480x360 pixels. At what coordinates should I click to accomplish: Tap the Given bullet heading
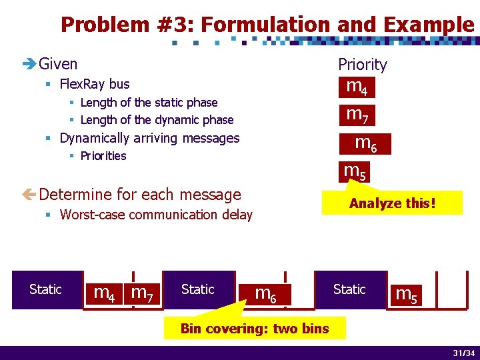click(x=58, y=64)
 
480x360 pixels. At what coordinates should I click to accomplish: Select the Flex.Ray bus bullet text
click(x=95, y=84)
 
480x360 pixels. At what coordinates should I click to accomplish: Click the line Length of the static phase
click(x=149, y=103)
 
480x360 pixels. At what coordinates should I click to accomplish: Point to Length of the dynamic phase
click(x=157, y=120)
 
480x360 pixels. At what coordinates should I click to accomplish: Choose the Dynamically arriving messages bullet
click(x=149, y=138)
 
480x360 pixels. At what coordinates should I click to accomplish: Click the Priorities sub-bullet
click(x=103, y=156)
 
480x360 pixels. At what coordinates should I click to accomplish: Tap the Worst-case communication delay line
click(x=156, y=215)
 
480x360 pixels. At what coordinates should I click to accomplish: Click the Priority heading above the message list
click(x=362, y=65)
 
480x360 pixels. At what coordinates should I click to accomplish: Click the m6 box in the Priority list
click(x=366, y=143)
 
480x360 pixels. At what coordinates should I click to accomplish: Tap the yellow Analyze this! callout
click(x=392, y=203)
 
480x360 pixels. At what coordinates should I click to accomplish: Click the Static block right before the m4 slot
click(x=46, y=289)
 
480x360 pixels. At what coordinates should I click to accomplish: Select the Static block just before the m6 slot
click(x=198, y=289)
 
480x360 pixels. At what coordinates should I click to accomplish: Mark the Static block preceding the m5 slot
click(x=349, y=289)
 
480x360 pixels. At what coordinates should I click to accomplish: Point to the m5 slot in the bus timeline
click(x=407, y=294)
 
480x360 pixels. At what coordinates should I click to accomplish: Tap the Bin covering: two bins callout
click(x=254, y=328)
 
